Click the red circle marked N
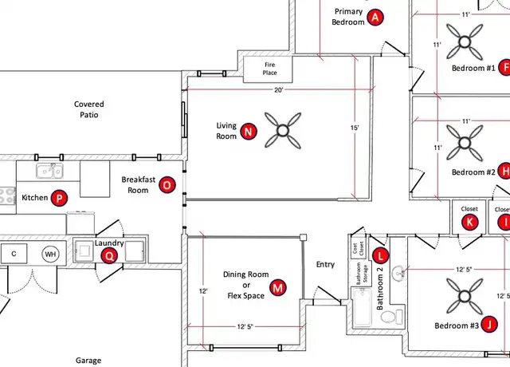tap(249, 132)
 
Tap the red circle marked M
tap(278, 287)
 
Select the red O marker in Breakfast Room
tap(167, 185)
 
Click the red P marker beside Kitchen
tap(59, 198)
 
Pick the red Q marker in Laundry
tap(109, 256)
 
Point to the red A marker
tap(375, 18)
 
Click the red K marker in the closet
tap(469, 222)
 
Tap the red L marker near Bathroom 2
tap(380, 255)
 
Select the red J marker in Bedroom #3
tap(489, 325)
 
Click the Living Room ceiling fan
tap(283, 131)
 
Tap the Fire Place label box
tap(268, 69)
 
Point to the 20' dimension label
tap(279, 90)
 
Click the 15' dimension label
tap(355, 128)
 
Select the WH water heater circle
tap(50, 254)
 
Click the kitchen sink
tap(49, 171)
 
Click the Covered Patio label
tap(88, 109)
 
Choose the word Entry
tap(325, 264)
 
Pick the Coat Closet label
tap(358, 248)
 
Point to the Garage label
tap(88, 361)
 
